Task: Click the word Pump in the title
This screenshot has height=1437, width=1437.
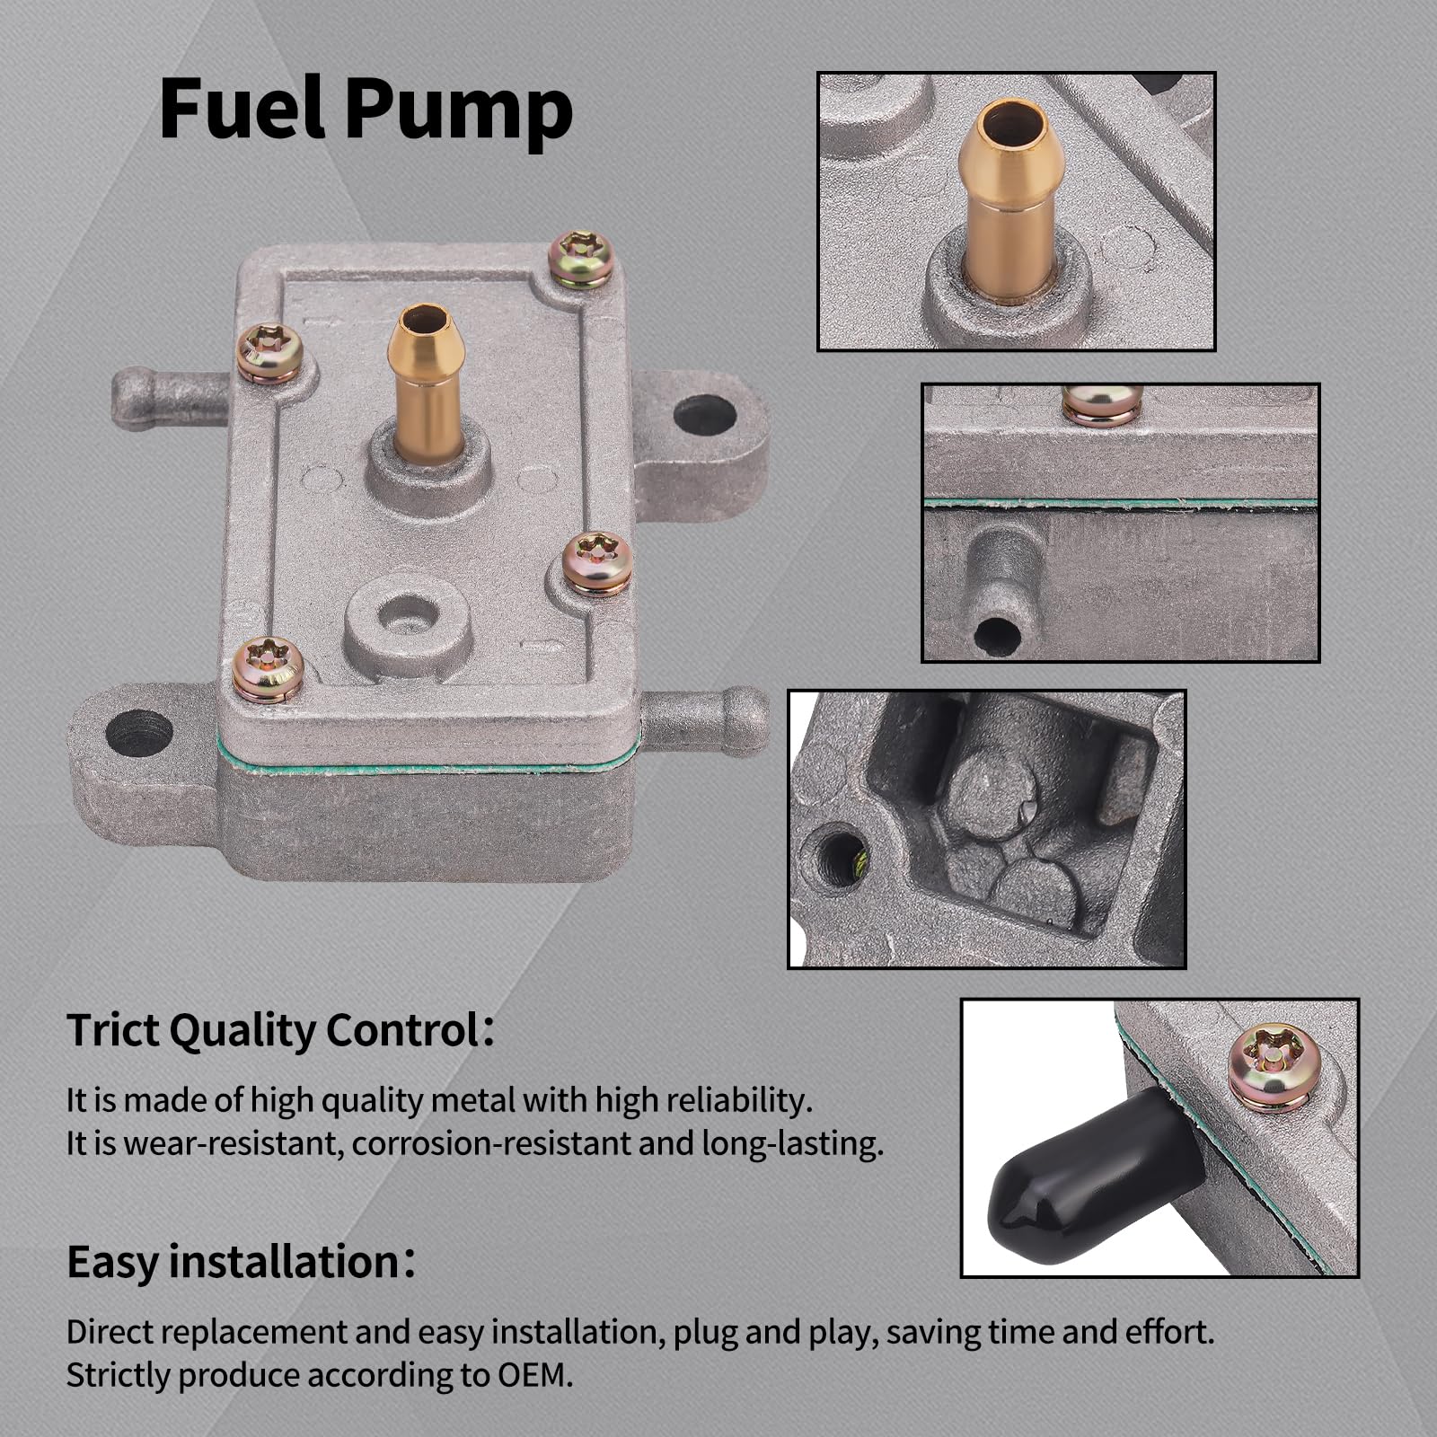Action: pos(459,112)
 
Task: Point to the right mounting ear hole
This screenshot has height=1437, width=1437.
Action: pos(704,415)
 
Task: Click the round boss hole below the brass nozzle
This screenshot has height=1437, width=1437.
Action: pos(409,619)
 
